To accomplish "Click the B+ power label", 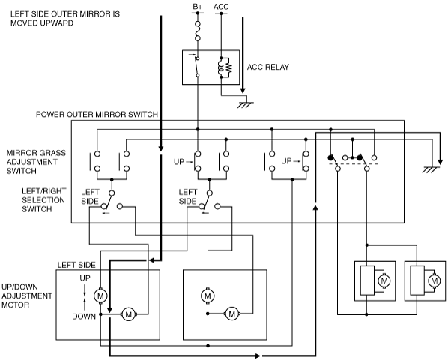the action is (x=198, y=7).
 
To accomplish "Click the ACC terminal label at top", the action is (x=221, y=7).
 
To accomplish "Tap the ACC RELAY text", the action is (x=268, y=67).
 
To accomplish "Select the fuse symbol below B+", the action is (x=198, y=31).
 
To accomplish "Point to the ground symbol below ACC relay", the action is (x=245, y=105).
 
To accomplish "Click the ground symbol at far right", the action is (x=431, y=169).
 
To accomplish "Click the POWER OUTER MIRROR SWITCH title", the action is (x=97, y=115).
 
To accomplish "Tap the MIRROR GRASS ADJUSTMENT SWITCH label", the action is (x=36, y=162).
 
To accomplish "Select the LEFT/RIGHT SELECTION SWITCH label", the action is (x=43, y=200).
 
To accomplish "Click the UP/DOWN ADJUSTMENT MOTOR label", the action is (x=27, y=295).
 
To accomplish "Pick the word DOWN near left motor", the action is (x=84, y=316).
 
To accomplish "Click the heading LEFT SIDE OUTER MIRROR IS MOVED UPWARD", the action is (x=65, y=18).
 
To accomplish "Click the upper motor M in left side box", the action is (x=100, y=295).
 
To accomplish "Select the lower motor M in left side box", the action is (x=129, y=314).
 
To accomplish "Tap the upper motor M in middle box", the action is (x=208, y=295).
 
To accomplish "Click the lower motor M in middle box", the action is (x=232, y=314).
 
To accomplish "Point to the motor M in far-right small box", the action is (x=434, y=281).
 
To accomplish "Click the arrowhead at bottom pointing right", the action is (x=257, y=355).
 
